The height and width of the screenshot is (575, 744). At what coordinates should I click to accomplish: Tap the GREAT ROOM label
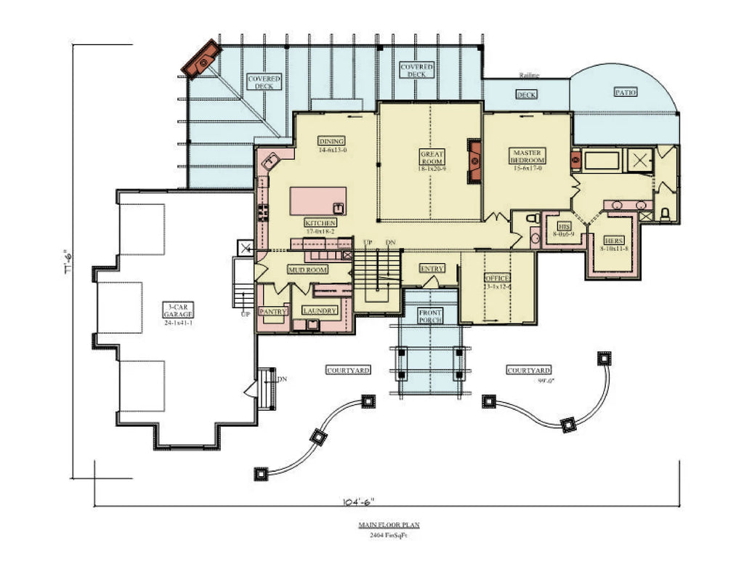point(432,158)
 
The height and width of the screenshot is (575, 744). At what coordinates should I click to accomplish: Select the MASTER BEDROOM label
point(527,156)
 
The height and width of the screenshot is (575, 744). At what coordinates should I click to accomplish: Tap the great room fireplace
point(475,158)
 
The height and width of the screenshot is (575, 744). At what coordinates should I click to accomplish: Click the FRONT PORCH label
point(430,316)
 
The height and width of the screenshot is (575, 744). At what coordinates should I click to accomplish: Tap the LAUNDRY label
point(320,311)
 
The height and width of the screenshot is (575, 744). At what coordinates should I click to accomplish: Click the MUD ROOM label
point(307,270)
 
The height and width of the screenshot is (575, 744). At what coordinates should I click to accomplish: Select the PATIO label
point(625,92)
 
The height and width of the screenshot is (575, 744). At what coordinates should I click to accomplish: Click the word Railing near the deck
point(529,76)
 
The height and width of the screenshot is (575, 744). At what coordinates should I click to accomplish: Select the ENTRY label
point(432,269)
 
